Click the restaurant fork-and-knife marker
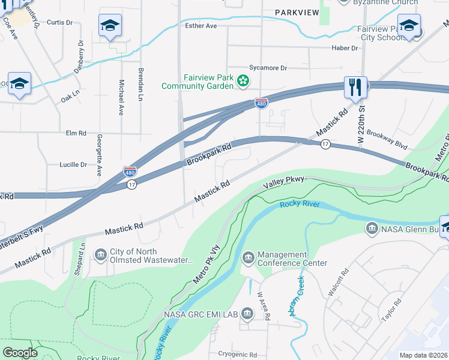pyautogui.click(x=355, y=88)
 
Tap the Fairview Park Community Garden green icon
pyautogui.click(x=243, y=80)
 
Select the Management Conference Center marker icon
pyautogui.click(x=248, y=258)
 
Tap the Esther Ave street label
pyautogui.click(x=201, y=26)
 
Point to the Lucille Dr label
pyautogui.click(x=73, y=164)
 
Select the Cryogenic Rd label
pyautogui.click(x=237, y=355)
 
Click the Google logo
pyautogui.click(x=20, y=353)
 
